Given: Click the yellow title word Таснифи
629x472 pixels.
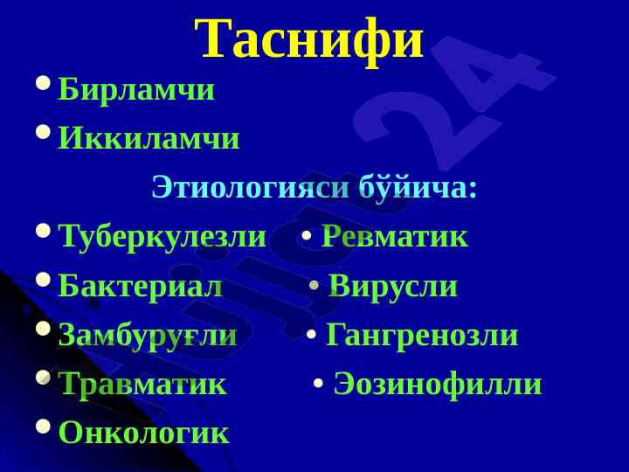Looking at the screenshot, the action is pos(309,40).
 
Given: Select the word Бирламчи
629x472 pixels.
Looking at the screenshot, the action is pos(136,89).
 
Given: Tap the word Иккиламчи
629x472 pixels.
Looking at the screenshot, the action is pos(149,138).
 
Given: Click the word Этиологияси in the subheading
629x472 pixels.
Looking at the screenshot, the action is pos(251,187).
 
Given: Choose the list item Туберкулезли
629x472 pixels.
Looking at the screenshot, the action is pos(162,237).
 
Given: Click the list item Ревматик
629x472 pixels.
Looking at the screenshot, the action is pos(395,236).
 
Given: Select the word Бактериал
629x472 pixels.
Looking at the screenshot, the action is pos(140,286).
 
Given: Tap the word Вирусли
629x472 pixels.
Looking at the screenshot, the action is pos(393,287).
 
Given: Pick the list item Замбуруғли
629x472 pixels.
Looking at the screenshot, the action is pos(148,336).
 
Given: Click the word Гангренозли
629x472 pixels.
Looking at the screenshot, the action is pos(422,335).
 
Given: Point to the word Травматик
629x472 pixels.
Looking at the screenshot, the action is pos(142,384).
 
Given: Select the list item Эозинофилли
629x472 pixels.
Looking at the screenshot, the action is pos(438,384).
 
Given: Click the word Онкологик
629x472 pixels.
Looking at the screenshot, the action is pos(143,433).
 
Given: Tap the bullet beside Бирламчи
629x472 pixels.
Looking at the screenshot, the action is pos(43,83).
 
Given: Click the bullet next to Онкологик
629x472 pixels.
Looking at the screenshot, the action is pos(43,427).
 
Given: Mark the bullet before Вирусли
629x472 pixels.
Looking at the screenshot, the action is pos(314,285).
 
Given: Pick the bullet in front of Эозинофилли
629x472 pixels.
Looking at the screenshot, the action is pos(319,383).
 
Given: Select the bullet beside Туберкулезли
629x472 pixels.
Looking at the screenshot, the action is pos(43,231).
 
